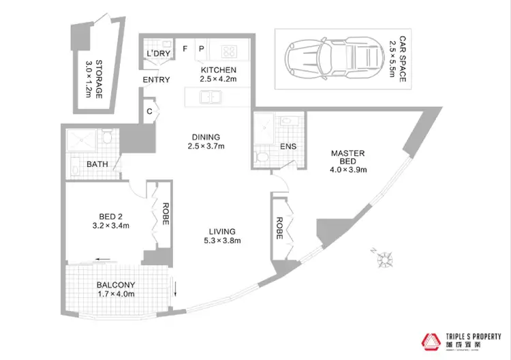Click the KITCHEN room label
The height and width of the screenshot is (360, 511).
pyautogui.click(x=218, y=70)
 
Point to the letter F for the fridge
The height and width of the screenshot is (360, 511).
pyautogui.click(x=185, y=49)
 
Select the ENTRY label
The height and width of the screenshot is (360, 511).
pyautogui.click(x=156, y=80)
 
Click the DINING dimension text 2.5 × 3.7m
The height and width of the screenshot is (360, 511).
pyautogui.click(x=207, y=145)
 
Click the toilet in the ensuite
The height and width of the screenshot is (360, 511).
pyautogui.click(x=262, y=157)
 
